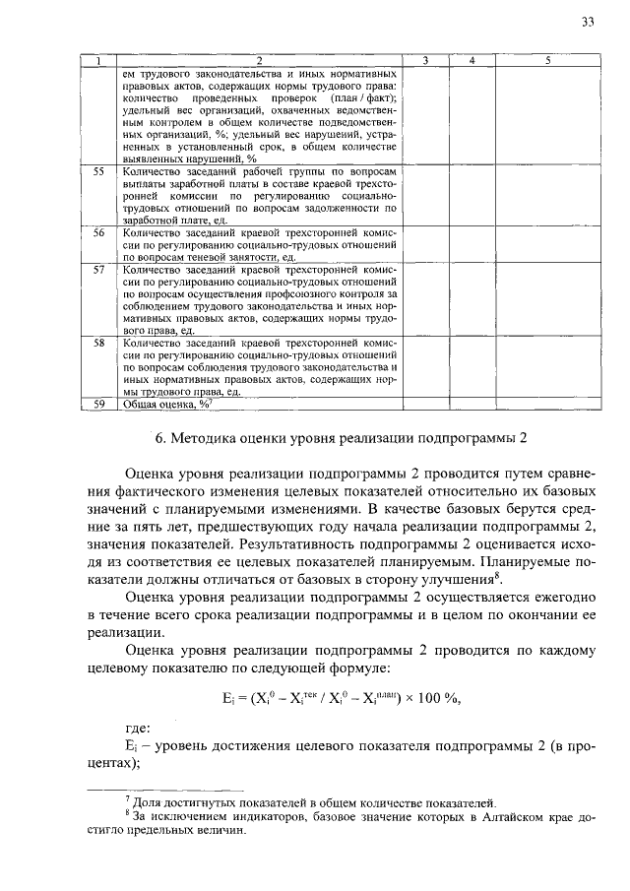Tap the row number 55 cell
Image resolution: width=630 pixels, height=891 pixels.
pos(98,171)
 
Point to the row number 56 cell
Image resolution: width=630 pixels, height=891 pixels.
pos(98,232)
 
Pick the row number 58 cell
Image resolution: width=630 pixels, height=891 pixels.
pos(98,343)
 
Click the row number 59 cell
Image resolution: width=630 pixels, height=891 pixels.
pos(98,404)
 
